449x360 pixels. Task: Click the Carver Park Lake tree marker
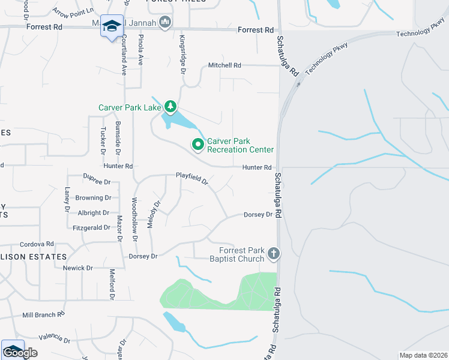(x=171, y=107)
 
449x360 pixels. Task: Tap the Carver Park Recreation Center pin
(x=197, y=145)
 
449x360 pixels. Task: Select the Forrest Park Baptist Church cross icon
(x=274, y=253)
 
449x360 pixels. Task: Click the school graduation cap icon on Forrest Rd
(x=111, y=26)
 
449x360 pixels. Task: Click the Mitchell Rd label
(x=224, y=65)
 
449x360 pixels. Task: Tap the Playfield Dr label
(x=191, y=178)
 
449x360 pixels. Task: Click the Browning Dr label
(x=93, y=197)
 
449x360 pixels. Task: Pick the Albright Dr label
(x=93, y=212)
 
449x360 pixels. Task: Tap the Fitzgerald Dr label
(x=91, y=227)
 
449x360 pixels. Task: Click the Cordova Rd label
(x=37, y=244)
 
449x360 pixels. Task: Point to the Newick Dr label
(x=77, y=268)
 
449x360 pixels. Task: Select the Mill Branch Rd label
(x=43, y=314)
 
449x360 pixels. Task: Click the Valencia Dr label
(x=54, y=338)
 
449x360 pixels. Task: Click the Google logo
(x=20, y=353)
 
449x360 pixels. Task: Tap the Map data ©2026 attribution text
(x=423, y=355)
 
